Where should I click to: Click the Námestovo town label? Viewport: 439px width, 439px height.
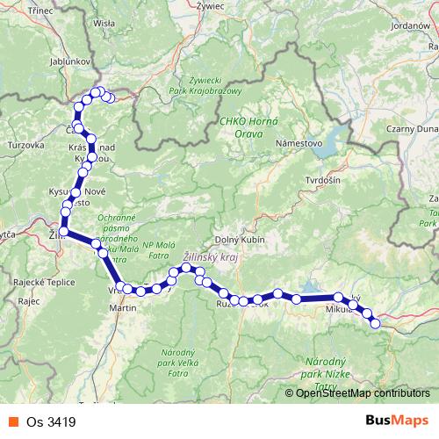click(x=300, y=142)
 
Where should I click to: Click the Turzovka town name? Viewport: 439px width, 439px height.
click(x=25, y=143)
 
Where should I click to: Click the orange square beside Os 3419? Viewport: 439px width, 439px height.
click(x=11, y=422)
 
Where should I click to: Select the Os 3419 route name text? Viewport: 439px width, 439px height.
click(x=51, y=422)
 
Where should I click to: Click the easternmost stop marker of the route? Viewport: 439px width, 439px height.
click(x=376, y=324)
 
